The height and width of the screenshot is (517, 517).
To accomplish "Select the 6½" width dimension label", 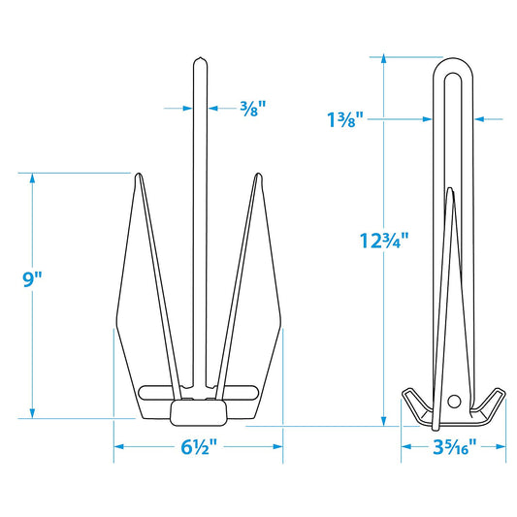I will pyautogui.click(x=199, y=447).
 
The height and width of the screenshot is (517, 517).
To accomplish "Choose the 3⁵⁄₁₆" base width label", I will pyautogui.click(x=453, y=447).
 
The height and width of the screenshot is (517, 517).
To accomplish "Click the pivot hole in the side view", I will pyautogui.click(x=454, y=399).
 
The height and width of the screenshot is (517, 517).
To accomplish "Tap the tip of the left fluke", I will pyautogui.click(x=137, y=176).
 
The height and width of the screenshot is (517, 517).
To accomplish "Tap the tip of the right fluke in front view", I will pyautogui.click(x=258, y=176).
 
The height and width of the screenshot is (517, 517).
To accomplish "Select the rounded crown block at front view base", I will pyautogui.click(x=198, y=411).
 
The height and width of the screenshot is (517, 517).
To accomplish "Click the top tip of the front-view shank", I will pyautogui.click(x=198, y=59).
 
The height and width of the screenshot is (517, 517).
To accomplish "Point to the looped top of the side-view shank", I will pyautogui.click(x=452, y=62).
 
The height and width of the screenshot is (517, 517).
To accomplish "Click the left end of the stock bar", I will pyautogui.click(x=144, y=392).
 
